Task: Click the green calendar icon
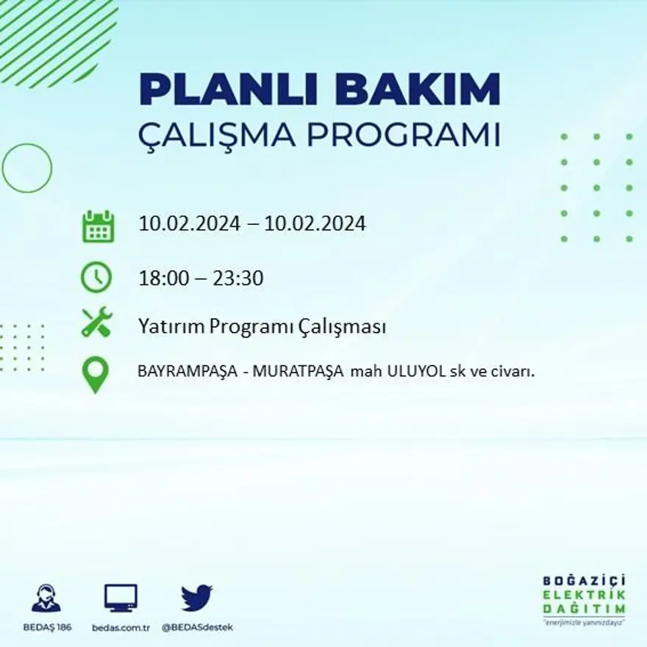pos(97,226)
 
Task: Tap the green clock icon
pos(97,277)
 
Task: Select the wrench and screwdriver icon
pos(97,322)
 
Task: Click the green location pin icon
pos(96,375)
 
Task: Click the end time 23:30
pos(238,279)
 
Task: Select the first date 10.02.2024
pos(190,224)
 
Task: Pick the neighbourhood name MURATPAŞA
pos(299,372)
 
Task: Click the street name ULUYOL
pos(420,372)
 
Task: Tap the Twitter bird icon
pos(196,598)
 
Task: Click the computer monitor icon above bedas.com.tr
pos(121,598)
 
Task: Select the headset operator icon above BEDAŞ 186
pos(46,598)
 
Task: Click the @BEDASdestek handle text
pos(197,627)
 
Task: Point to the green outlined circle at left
pos(27,168)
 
